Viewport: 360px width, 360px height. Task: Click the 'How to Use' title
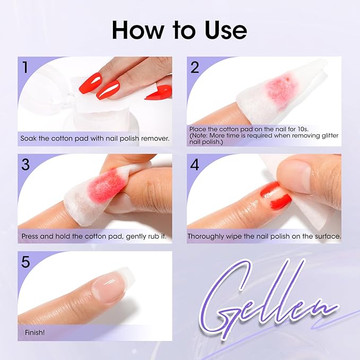point(180,30)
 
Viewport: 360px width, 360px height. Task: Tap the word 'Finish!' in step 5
point(35,332)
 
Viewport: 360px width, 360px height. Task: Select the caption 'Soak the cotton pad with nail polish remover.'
point(95,138)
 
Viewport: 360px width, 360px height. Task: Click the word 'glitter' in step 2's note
point(328,136)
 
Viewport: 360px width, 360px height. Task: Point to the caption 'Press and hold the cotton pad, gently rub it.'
point(94,236)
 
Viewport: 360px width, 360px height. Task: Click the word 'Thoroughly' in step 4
point(207,236)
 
